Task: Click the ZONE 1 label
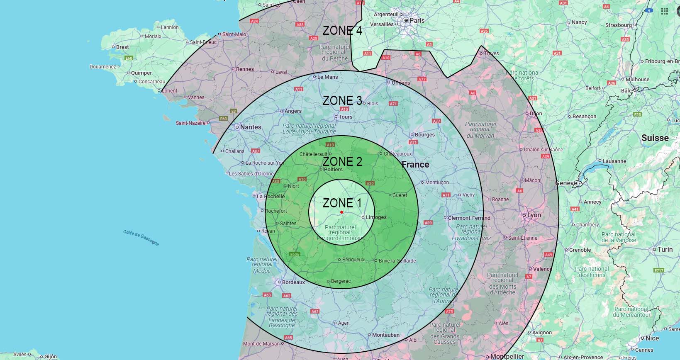342,203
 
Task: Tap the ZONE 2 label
342,161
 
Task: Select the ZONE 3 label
342,100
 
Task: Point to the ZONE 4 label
342,30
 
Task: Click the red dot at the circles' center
341,212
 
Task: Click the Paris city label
417,20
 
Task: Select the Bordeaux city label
293,282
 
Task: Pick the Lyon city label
534,215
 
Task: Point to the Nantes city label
251,127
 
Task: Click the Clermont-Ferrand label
469,218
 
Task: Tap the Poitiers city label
333,170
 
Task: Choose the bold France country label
415,164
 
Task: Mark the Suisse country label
655,138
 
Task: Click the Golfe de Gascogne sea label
141,237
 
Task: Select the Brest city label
122,47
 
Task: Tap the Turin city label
665,249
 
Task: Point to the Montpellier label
507,356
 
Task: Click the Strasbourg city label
618,25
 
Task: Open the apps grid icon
664,11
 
